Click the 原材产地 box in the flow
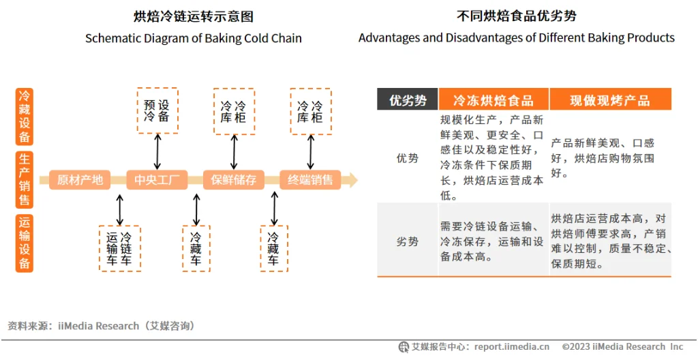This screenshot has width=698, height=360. tap(80, 180)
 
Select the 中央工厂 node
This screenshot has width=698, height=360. tap(157, 180)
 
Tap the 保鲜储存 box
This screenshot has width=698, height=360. tap(234, 180)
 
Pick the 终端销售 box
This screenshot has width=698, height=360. tap(310, 180)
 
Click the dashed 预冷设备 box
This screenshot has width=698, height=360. tap(157, 110)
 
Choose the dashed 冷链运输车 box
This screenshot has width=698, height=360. tap(119, 249)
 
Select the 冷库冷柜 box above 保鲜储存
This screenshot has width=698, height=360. tap(234, 111)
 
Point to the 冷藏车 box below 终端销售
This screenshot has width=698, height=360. tap(273, 249)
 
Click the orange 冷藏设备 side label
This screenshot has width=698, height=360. tap(25, 117)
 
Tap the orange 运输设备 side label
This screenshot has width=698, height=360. tap(25, 243)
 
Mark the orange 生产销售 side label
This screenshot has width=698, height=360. tap(25, 180)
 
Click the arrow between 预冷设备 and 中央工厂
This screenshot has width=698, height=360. tap(157, 151)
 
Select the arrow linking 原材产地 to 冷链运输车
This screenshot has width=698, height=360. tap(120, 209)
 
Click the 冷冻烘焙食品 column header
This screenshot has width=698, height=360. tap(494, 100)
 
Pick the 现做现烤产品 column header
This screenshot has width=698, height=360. tap(610, 100)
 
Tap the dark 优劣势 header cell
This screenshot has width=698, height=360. tap(408, 100)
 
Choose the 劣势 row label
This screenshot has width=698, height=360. tap(408, 241)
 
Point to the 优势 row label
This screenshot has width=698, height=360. tap(408, 157)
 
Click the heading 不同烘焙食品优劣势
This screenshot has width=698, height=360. tap(517, 16)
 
